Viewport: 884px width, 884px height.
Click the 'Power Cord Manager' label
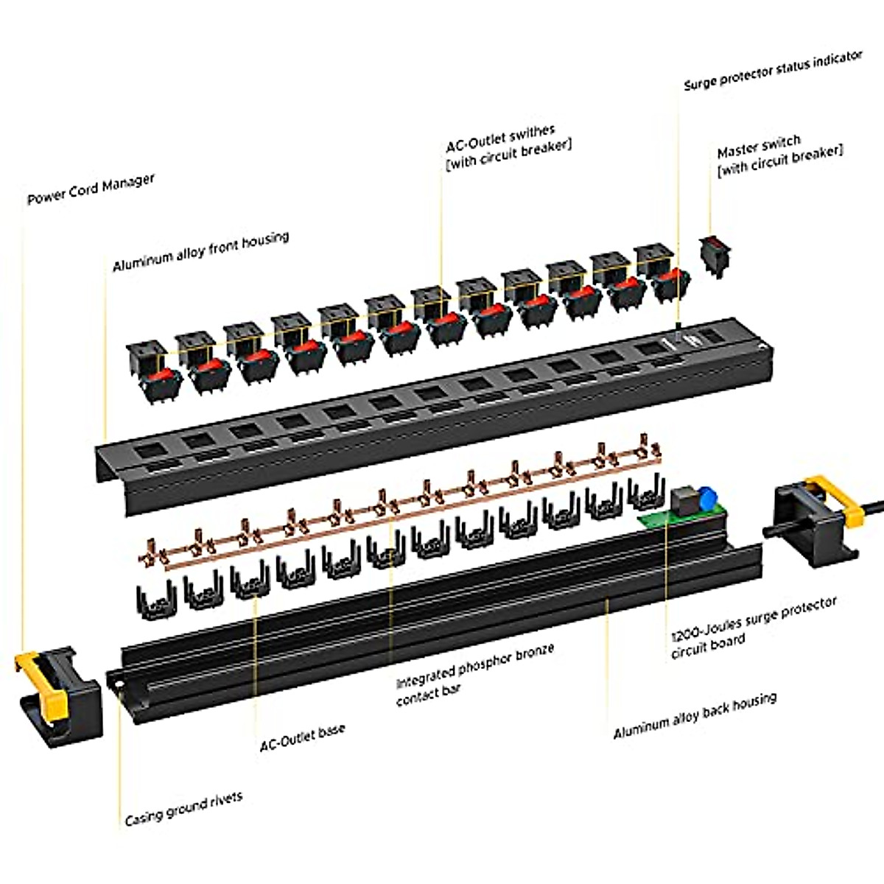pyautogui.click(x=91, y=189)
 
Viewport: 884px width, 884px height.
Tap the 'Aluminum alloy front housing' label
pyautogui.click(x=200, y=251)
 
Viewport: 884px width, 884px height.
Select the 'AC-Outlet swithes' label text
pyautogui.click(x=501, y=136)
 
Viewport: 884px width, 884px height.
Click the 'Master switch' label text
pyautogui.click(x=759, y=146)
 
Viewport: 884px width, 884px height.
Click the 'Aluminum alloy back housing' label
pyautogui.click(x=694, y=716)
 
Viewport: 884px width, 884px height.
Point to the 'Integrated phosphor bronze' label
pyautogui.click(x=475, y=663)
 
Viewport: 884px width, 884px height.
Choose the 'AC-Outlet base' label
pyautogui.click(x=302, y=737)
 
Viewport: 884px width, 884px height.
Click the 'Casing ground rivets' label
pyautogui.click(x=183, y=808)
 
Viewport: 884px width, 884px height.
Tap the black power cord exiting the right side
pyautogui.click(x=873, y=507)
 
